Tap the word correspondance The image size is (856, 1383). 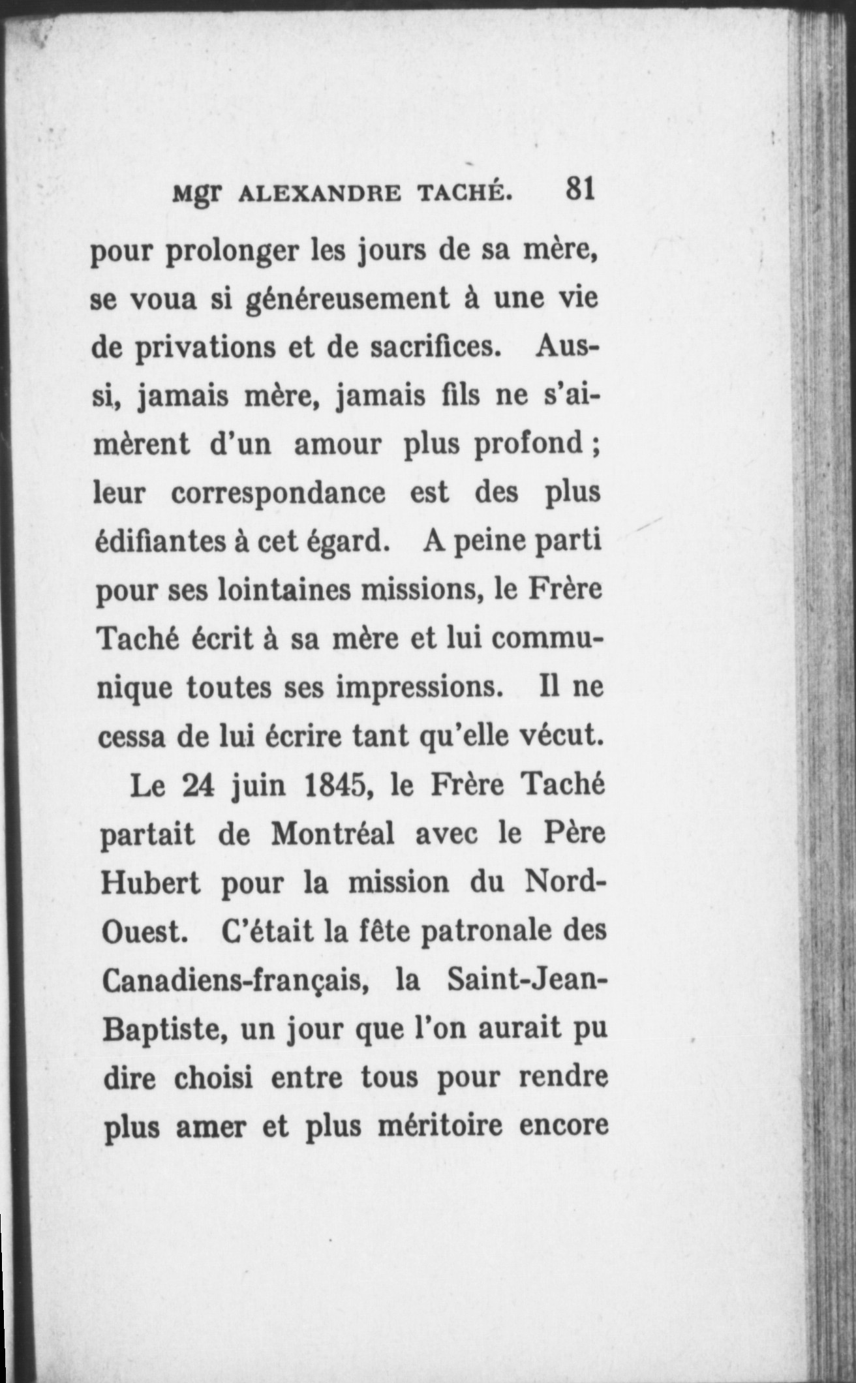point(278,493)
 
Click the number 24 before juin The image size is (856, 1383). point(198,786)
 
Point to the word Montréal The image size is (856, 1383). point(332,834)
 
